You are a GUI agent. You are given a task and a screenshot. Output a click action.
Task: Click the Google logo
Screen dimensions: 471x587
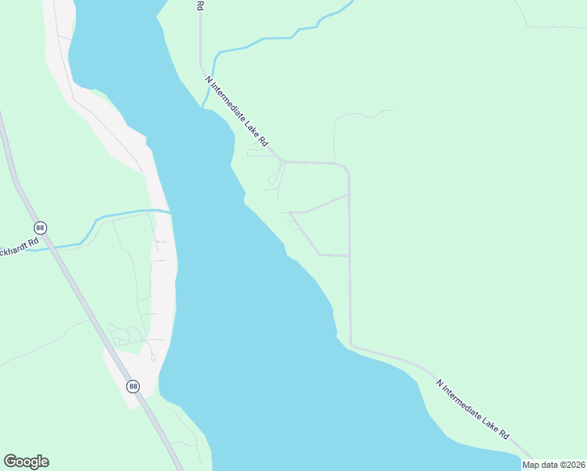tap(26, 462)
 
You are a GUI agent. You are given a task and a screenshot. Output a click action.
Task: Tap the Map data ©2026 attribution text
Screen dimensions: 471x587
tap(553, 465)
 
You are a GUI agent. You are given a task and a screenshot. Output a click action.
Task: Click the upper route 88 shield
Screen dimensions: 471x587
tap(41, 228)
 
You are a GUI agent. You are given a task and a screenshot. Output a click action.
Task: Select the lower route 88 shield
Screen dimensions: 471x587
tap(133, 386)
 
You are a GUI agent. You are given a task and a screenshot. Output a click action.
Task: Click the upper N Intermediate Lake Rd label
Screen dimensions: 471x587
tap(237, 111)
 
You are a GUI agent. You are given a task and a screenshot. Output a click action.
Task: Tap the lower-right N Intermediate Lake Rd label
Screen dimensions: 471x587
tap(473, 409)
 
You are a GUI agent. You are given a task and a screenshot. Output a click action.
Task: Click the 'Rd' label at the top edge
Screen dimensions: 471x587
tap(200, 5)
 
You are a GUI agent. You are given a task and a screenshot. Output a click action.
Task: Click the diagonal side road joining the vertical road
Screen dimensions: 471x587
tap(326, 203)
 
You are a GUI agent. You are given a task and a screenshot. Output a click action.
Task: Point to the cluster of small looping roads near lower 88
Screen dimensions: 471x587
tap(122, 336)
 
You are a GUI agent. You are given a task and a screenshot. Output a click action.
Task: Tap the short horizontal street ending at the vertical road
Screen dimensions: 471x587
tap(334, 255)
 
